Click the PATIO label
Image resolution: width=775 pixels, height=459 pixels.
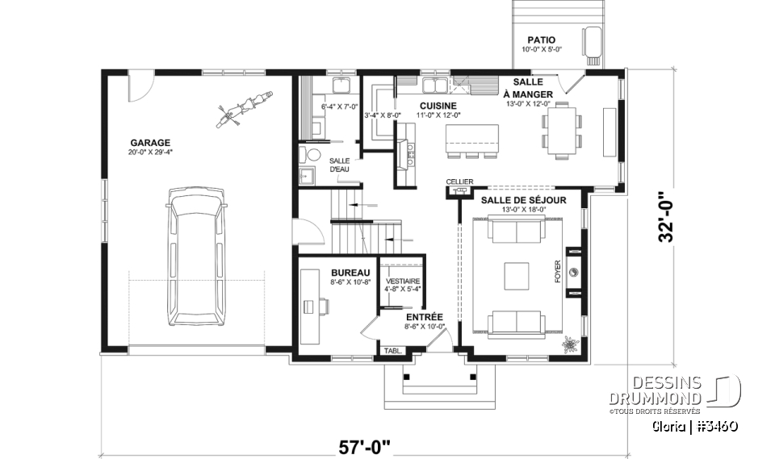click(541, 40)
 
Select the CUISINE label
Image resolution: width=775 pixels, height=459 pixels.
click(438, 106)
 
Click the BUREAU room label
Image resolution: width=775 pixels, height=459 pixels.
click(350, 273)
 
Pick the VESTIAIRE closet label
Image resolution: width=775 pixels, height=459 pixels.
click(401, 280)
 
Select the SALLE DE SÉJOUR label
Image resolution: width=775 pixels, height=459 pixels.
click(523, 200)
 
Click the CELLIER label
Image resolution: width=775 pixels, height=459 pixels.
click(459, 181)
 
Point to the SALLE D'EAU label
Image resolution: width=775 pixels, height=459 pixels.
click(340, 165)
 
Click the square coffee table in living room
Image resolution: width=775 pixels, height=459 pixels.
click(517, 277)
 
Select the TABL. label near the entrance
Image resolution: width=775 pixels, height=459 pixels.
click(393, 351)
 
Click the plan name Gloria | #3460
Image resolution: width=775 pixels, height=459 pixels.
click(693, 425)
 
